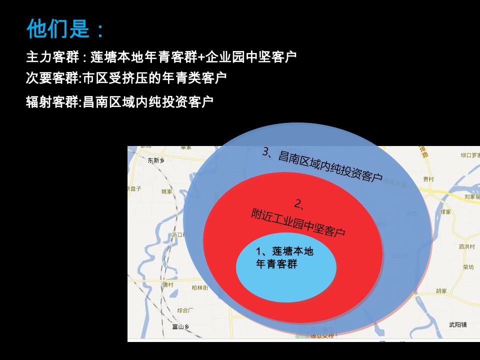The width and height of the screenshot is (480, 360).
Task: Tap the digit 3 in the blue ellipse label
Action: (265, 152)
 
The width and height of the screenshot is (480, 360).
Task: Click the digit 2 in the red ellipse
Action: (298, 203)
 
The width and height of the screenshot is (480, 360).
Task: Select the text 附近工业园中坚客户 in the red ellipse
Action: (298, 222)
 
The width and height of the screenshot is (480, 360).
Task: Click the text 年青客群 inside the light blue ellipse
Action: (276, 264)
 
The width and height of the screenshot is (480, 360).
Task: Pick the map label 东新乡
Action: (156, 160)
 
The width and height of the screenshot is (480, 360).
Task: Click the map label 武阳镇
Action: (457, 325)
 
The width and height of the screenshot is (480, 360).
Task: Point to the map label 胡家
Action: (441, 290)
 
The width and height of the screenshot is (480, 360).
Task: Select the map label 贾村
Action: (428, 178)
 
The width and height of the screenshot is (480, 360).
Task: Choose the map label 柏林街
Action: (199, 287)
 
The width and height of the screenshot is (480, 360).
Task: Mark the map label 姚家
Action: (166, 191)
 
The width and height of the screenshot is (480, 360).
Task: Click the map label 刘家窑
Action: (471, 197)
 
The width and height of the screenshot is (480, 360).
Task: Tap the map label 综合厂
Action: (185, 310)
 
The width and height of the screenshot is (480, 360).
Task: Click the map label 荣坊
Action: (468, 267)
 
